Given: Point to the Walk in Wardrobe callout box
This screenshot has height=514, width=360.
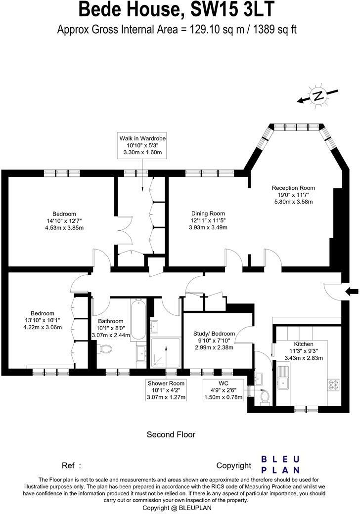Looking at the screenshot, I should tap(142, 145).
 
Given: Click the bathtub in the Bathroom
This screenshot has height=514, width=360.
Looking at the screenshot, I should tap(137, 317).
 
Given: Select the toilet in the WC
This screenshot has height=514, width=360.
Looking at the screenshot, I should tap(264, 395).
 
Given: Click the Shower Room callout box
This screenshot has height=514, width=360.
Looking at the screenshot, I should tap(166, 390).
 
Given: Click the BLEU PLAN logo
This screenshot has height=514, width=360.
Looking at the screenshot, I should tap(280, 464).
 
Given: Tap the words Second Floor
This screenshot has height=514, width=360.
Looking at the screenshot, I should tap(171, 435).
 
